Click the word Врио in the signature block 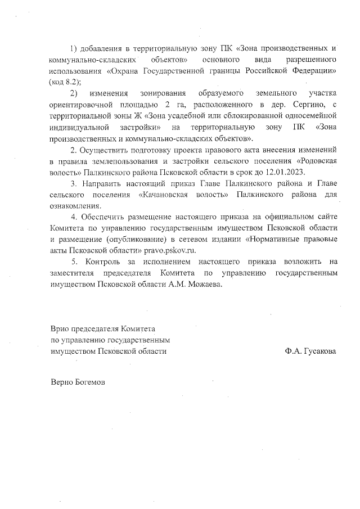point(60,328)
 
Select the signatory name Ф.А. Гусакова point(310,351)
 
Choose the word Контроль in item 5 point(105,262)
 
